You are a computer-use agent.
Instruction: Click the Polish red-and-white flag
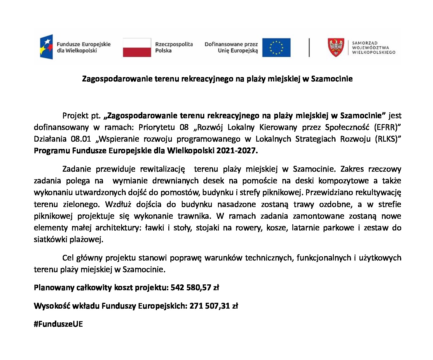coord(137,47)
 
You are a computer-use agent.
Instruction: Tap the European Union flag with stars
coord(276,47)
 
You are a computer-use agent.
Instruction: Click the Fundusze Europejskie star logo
coord(47,47)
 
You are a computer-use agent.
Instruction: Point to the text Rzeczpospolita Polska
coord(174,47)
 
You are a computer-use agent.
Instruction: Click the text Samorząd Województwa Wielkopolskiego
coord(373,48)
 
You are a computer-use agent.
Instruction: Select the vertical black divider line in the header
coord(309,47)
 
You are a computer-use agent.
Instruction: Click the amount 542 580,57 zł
coord(195,288)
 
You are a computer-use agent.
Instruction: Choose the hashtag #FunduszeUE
coord(58,324)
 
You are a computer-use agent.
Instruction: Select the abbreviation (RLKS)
coord(388,139)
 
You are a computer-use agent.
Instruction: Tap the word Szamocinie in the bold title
coord(332,79)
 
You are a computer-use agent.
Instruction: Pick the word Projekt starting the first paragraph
coord(75,116)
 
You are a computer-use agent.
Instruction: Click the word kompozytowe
coord(343,181)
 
